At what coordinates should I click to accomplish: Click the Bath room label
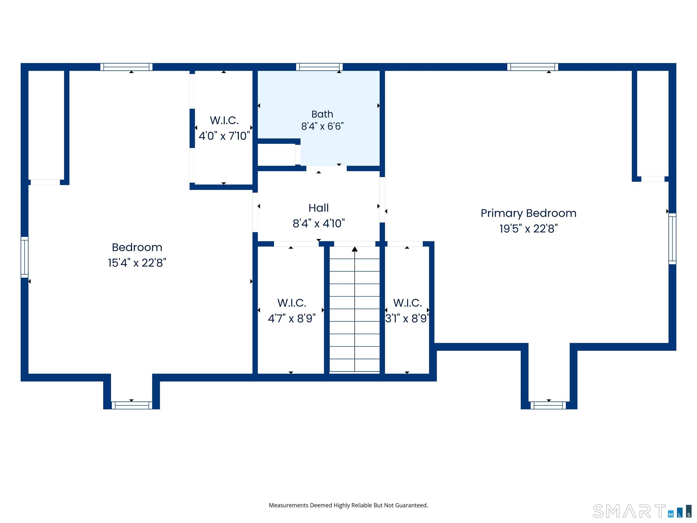pos(322,114)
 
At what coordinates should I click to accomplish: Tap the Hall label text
pos(319,208)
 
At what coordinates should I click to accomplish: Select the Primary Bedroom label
pos(528,213)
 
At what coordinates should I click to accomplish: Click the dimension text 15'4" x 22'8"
pos(137,263)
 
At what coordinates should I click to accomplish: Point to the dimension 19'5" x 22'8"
pos(528,229)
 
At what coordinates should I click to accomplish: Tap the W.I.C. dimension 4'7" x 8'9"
pos(292,318)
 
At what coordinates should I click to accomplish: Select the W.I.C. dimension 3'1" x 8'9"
pos(407,318)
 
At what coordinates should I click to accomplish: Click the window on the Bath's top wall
pos(319,67)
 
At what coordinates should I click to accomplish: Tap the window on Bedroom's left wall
pos(25,257)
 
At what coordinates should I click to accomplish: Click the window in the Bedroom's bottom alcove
pos(132,405)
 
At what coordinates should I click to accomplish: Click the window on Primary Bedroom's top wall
pos(533,67)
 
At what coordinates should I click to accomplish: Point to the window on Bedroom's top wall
pos(126,67)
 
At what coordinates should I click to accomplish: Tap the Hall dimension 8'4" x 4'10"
pos(319,224)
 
